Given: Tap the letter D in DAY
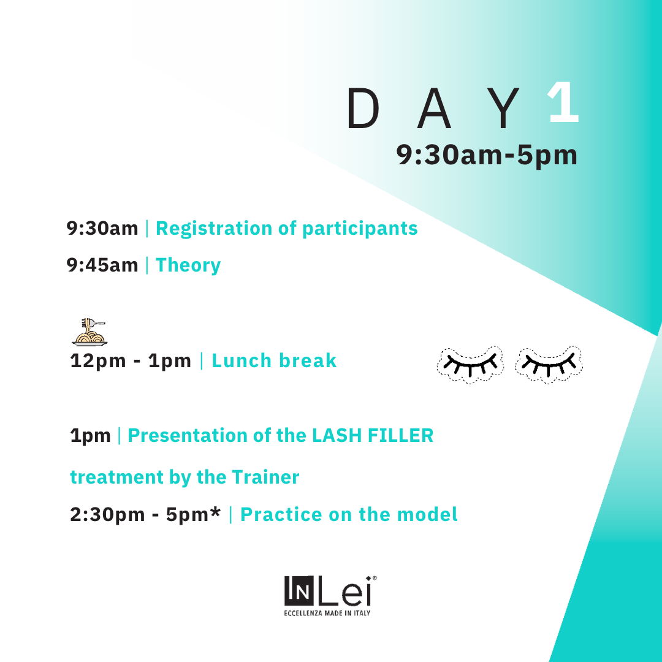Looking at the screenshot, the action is [x=363, y=108].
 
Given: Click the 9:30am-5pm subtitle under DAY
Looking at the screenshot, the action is [x=486, y=155].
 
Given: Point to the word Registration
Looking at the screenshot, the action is [x=214, y=229].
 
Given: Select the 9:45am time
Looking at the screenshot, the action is [x=102, y=265].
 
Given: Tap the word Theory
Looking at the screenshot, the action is [x=188, y=266].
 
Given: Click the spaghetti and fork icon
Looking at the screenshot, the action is [x=89, y=332].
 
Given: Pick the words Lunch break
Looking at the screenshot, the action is [x=274, y=360].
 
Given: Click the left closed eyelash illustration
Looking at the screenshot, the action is [x=470, y=365].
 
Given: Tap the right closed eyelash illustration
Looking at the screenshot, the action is [x=549, y=365].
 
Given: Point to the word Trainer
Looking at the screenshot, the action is [x=265, y=477].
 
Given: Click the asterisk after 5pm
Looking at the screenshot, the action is [x=215, y=511].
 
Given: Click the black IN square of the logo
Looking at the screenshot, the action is [x=299, y=591].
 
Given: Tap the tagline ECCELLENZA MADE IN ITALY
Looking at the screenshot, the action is [x=327, y=613].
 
